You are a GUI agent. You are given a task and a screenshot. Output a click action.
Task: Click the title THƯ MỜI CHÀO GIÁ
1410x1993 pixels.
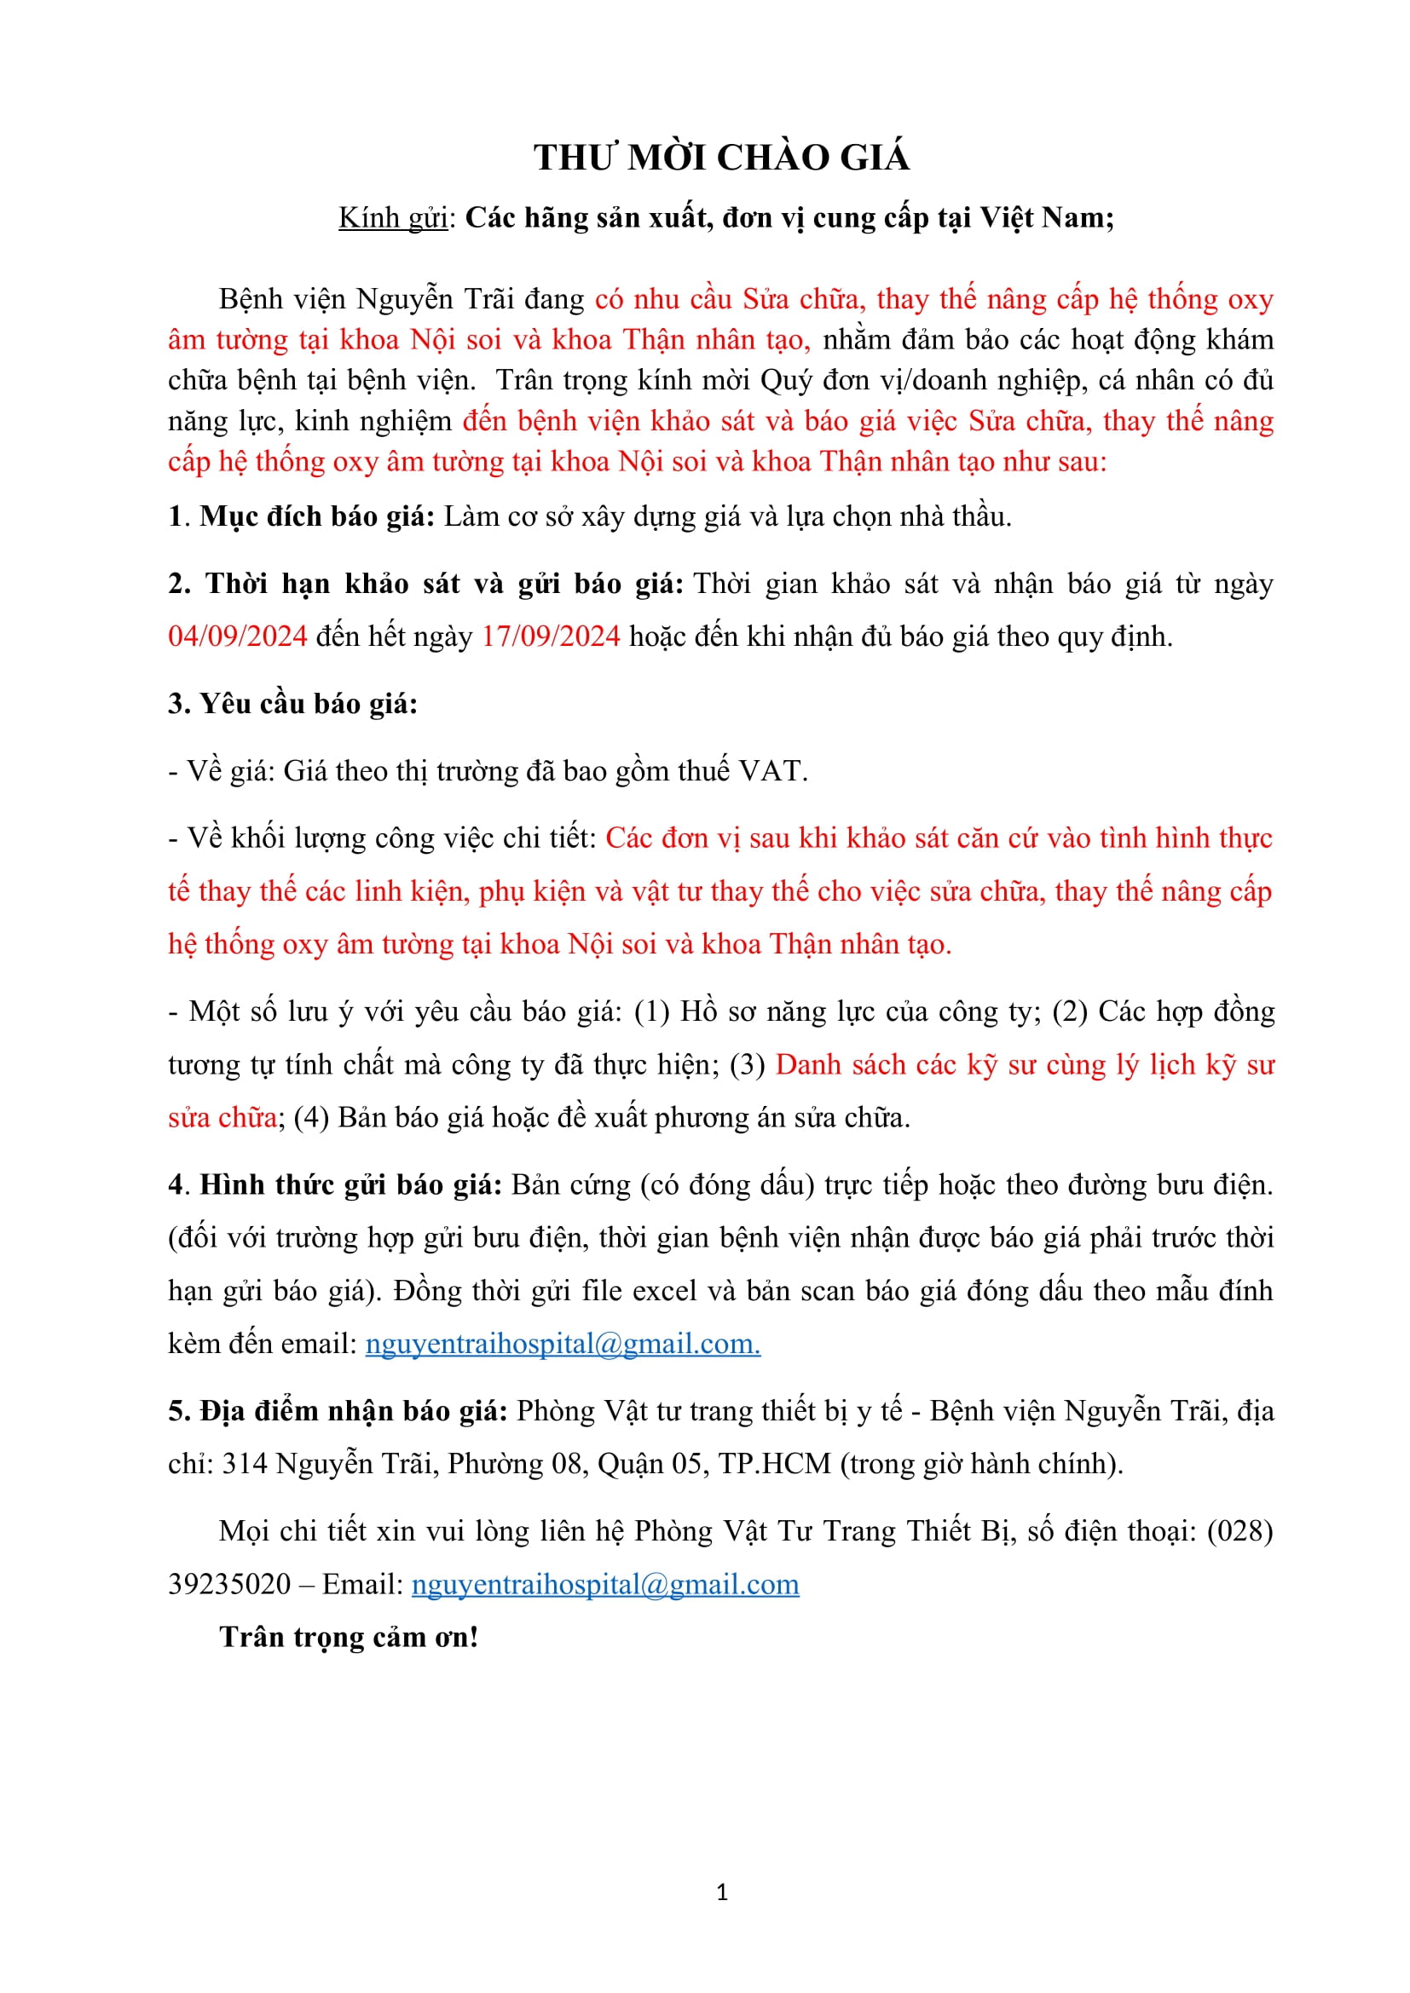coord(721,158)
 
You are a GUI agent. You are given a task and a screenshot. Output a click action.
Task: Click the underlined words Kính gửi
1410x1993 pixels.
coord(392,218)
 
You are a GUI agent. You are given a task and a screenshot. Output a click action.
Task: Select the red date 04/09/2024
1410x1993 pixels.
coord(238,636)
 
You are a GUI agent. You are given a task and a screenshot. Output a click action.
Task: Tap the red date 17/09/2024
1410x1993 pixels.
coord(551,636)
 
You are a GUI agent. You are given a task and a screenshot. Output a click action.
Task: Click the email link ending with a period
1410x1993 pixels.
coord(563,1344)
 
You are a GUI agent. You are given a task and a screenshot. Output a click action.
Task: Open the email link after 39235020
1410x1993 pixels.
coord(605,1584)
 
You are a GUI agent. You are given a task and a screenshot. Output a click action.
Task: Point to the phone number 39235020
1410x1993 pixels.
coord(229,1584)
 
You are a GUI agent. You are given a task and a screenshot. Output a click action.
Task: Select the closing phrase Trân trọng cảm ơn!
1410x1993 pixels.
coord(349,1637)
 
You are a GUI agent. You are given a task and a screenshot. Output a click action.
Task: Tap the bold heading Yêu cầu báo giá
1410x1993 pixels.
coord(309,704)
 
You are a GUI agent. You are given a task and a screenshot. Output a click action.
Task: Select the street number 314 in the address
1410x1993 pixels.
coord(244,1465)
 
